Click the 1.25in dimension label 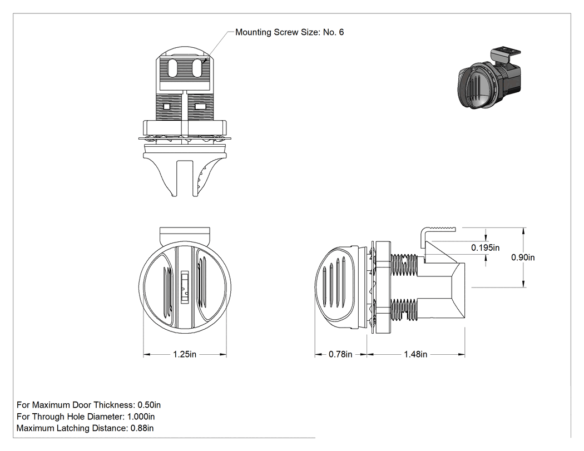coord(185,354)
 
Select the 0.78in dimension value coord(340,354)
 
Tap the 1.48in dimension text coord(415,354)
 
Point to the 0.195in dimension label coord(486,247)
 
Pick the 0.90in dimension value coord(523,257)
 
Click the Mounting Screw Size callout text coord(289,32)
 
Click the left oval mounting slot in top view coord(173,67)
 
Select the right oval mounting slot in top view coord(197,67)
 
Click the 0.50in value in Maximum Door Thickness coord(149,405)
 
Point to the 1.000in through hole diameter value coord(141,417)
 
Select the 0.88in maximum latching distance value coord(142,428)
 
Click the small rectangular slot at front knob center coord(185,286)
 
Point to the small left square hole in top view coord(166,107)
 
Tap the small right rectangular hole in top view coord(200,107)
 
